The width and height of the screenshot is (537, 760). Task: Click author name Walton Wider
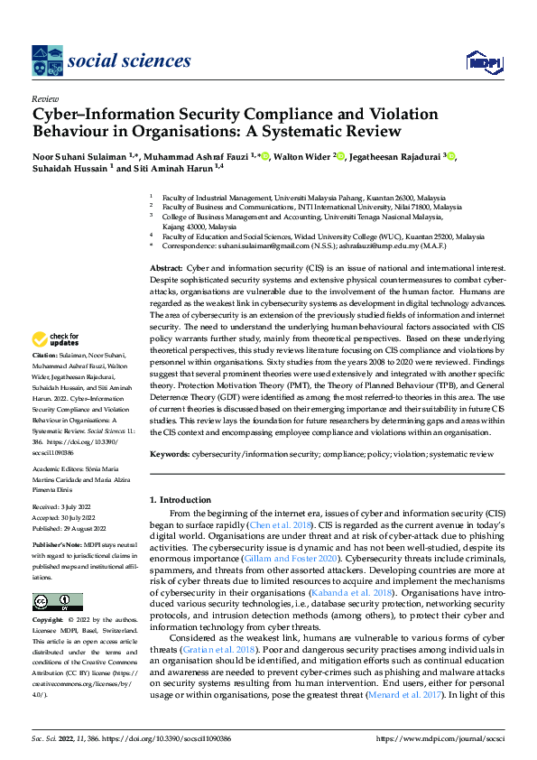coord(302,157)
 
